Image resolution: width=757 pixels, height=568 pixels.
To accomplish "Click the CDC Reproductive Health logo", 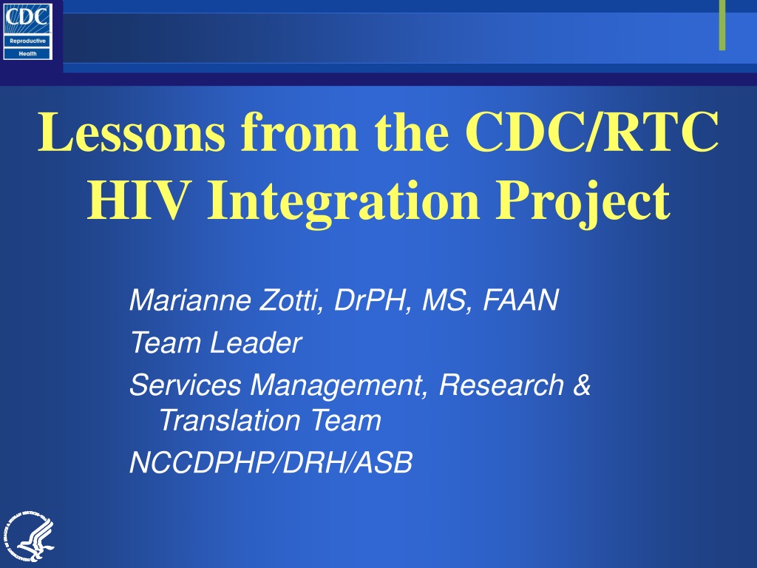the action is [x=27, y=31].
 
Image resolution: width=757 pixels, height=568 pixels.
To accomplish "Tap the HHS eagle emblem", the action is [x=29, y=537].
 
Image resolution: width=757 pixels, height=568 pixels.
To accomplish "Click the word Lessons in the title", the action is [x=132, y=132].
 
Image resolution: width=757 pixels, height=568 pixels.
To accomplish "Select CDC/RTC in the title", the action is [x=592, y=132].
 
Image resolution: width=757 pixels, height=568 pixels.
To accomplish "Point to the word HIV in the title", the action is [x=137, y=200].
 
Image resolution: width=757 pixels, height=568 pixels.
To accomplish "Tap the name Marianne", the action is [x=190, y=300].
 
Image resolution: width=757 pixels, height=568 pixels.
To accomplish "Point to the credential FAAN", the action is [x=521, y=300].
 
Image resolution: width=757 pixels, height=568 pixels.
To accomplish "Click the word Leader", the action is [x=256, y=342].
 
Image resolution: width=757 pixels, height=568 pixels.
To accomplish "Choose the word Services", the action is [x=185, y=385].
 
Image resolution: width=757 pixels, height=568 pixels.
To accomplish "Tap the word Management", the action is [x=339, y=386].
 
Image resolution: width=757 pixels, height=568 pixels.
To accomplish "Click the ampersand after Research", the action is [x=582, y=385].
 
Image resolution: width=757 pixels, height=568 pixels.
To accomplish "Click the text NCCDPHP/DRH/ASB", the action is [x=271, y=462].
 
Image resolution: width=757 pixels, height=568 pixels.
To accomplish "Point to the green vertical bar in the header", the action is [x=722, y=25].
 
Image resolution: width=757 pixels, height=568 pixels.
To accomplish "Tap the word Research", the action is [x=502, y=385].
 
